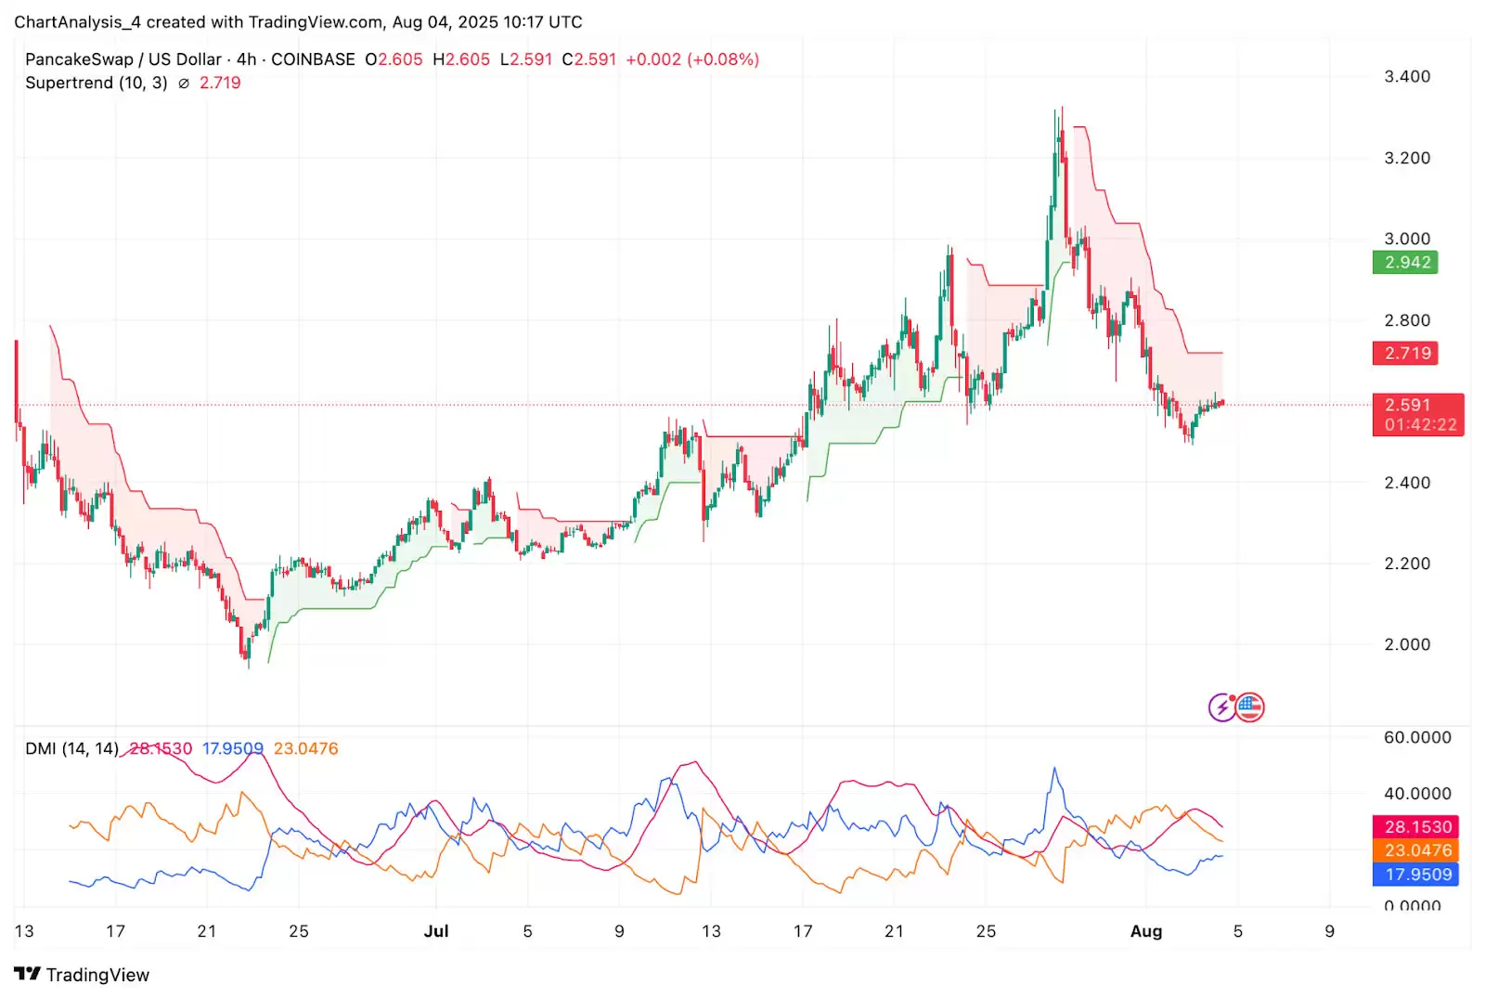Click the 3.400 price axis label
click(x=1407, y=76)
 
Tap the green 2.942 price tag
click(x=1405, y=263)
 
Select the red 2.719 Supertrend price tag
click(x=1405, y=353)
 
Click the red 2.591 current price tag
click(x=1416, y=414)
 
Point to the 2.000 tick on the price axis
click(x=1407, y=644)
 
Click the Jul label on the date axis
click(x=435, y=931)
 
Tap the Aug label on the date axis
click(x=1146, y=931)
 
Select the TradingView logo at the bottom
click(x=82, y=974)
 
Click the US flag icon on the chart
click(x=1250, y=707)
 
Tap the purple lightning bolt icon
click(x=1222, y=707)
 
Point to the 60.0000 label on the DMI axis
click(x=1416, y=737)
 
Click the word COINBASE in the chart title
click(x=313, y=59)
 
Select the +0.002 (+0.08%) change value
click(x=692, y=59)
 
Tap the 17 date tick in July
click(x=802, y=931)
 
